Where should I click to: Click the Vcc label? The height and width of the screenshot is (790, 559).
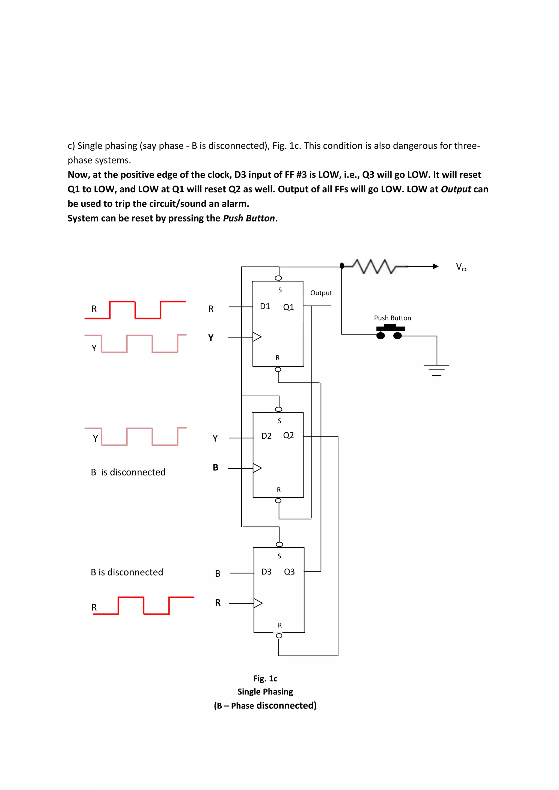[x=461, y=267]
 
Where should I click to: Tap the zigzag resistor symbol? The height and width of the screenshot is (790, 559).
[x=374, y=266]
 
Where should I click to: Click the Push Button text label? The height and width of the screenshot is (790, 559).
[x=393, y=318]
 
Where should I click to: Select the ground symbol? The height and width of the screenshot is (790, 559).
[x=436, y=370]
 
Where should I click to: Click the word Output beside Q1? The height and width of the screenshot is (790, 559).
[x=321, y=293]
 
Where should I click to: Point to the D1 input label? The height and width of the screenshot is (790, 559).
[x=265, y=306]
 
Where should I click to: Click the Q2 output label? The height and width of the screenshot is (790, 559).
[x=289, y=435]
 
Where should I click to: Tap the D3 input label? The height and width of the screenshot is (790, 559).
[x=266, y=571]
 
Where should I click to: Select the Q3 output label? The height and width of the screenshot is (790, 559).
[x=289, y=571]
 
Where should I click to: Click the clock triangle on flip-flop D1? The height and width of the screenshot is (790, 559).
[x=257, y=337]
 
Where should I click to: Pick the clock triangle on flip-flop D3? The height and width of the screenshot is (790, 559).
[x=258, y=603]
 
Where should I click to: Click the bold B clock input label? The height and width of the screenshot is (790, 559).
[x=215, y=467]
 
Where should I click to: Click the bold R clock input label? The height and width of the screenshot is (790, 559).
[x=218, y=603]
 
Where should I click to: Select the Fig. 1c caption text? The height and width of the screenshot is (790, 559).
[x=265, y=678]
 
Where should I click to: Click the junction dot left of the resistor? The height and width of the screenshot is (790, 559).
[x=342, y=266]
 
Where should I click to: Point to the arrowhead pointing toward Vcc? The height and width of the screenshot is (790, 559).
[x=435, y=266]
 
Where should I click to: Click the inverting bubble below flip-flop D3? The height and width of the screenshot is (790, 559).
[x=279, y=636]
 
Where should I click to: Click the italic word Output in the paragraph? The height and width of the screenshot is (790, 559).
[x=456, y=189]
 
